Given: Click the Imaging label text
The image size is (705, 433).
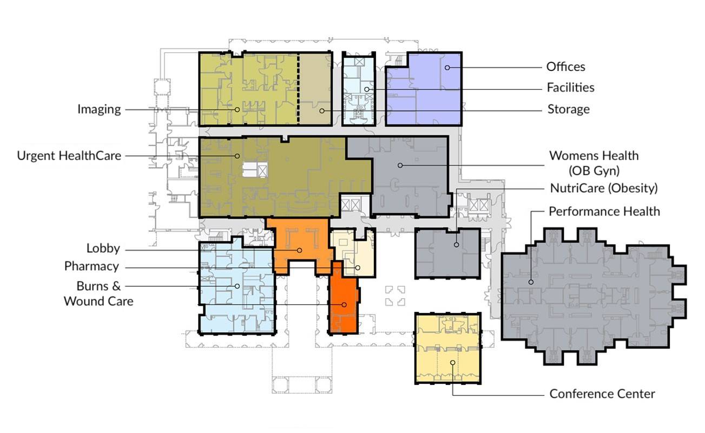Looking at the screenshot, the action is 99,109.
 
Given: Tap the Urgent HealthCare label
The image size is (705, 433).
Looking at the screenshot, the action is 69,155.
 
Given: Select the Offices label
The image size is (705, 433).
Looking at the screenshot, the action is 565,67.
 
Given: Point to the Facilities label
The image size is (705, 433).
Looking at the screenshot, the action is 570,88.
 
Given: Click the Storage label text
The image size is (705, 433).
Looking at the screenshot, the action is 569,109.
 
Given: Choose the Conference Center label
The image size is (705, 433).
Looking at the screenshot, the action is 602,394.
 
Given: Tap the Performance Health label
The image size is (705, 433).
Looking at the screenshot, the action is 604,212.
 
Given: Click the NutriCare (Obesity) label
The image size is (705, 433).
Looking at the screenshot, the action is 604,188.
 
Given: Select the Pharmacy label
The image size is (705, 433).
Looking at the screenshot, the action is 91,266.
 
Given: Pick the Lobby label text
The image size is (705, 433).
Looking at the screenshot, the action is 103,248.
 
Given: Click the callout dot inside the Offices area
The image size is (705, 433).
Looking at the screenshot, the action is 447,68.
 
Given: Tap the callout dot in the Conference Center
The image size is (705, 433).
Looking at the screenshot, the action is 452,363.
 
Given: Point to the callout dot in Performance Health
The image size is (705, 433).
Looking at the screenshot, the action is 531,282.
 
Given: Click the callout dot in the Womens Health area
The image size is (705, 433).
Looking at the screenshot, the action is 400,165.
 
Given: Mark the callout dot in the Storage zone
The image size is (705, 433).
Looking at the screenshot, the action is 321,111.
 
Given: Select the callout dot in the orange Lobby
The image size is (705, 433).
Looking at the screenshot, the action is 300,251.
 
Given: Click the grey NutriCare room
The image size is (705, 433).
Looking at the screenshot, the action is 447,254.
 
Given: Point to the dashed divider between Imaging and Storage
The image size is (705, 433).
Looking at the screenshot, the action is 298,89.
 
